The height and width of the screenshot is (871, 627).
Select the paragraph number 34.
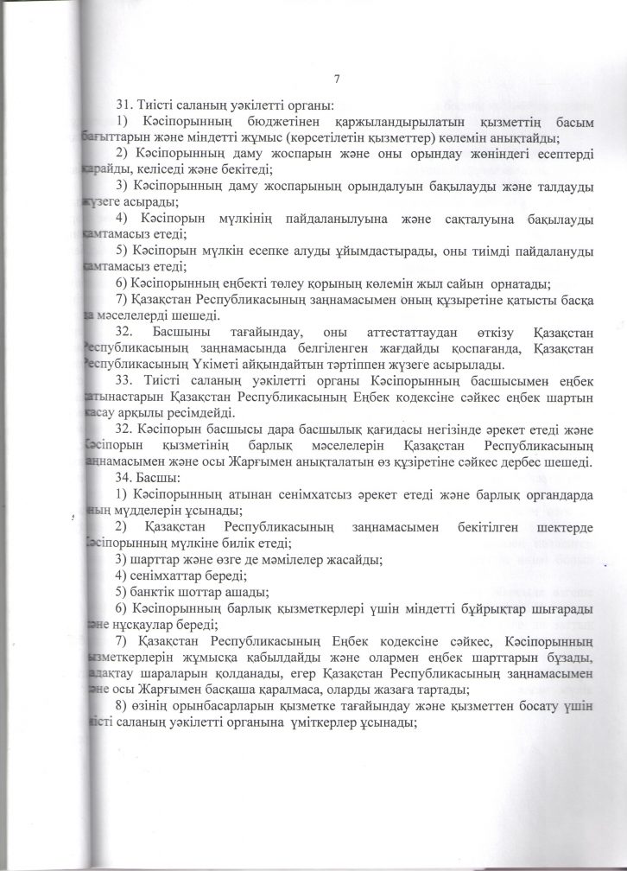coord(123,478)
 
